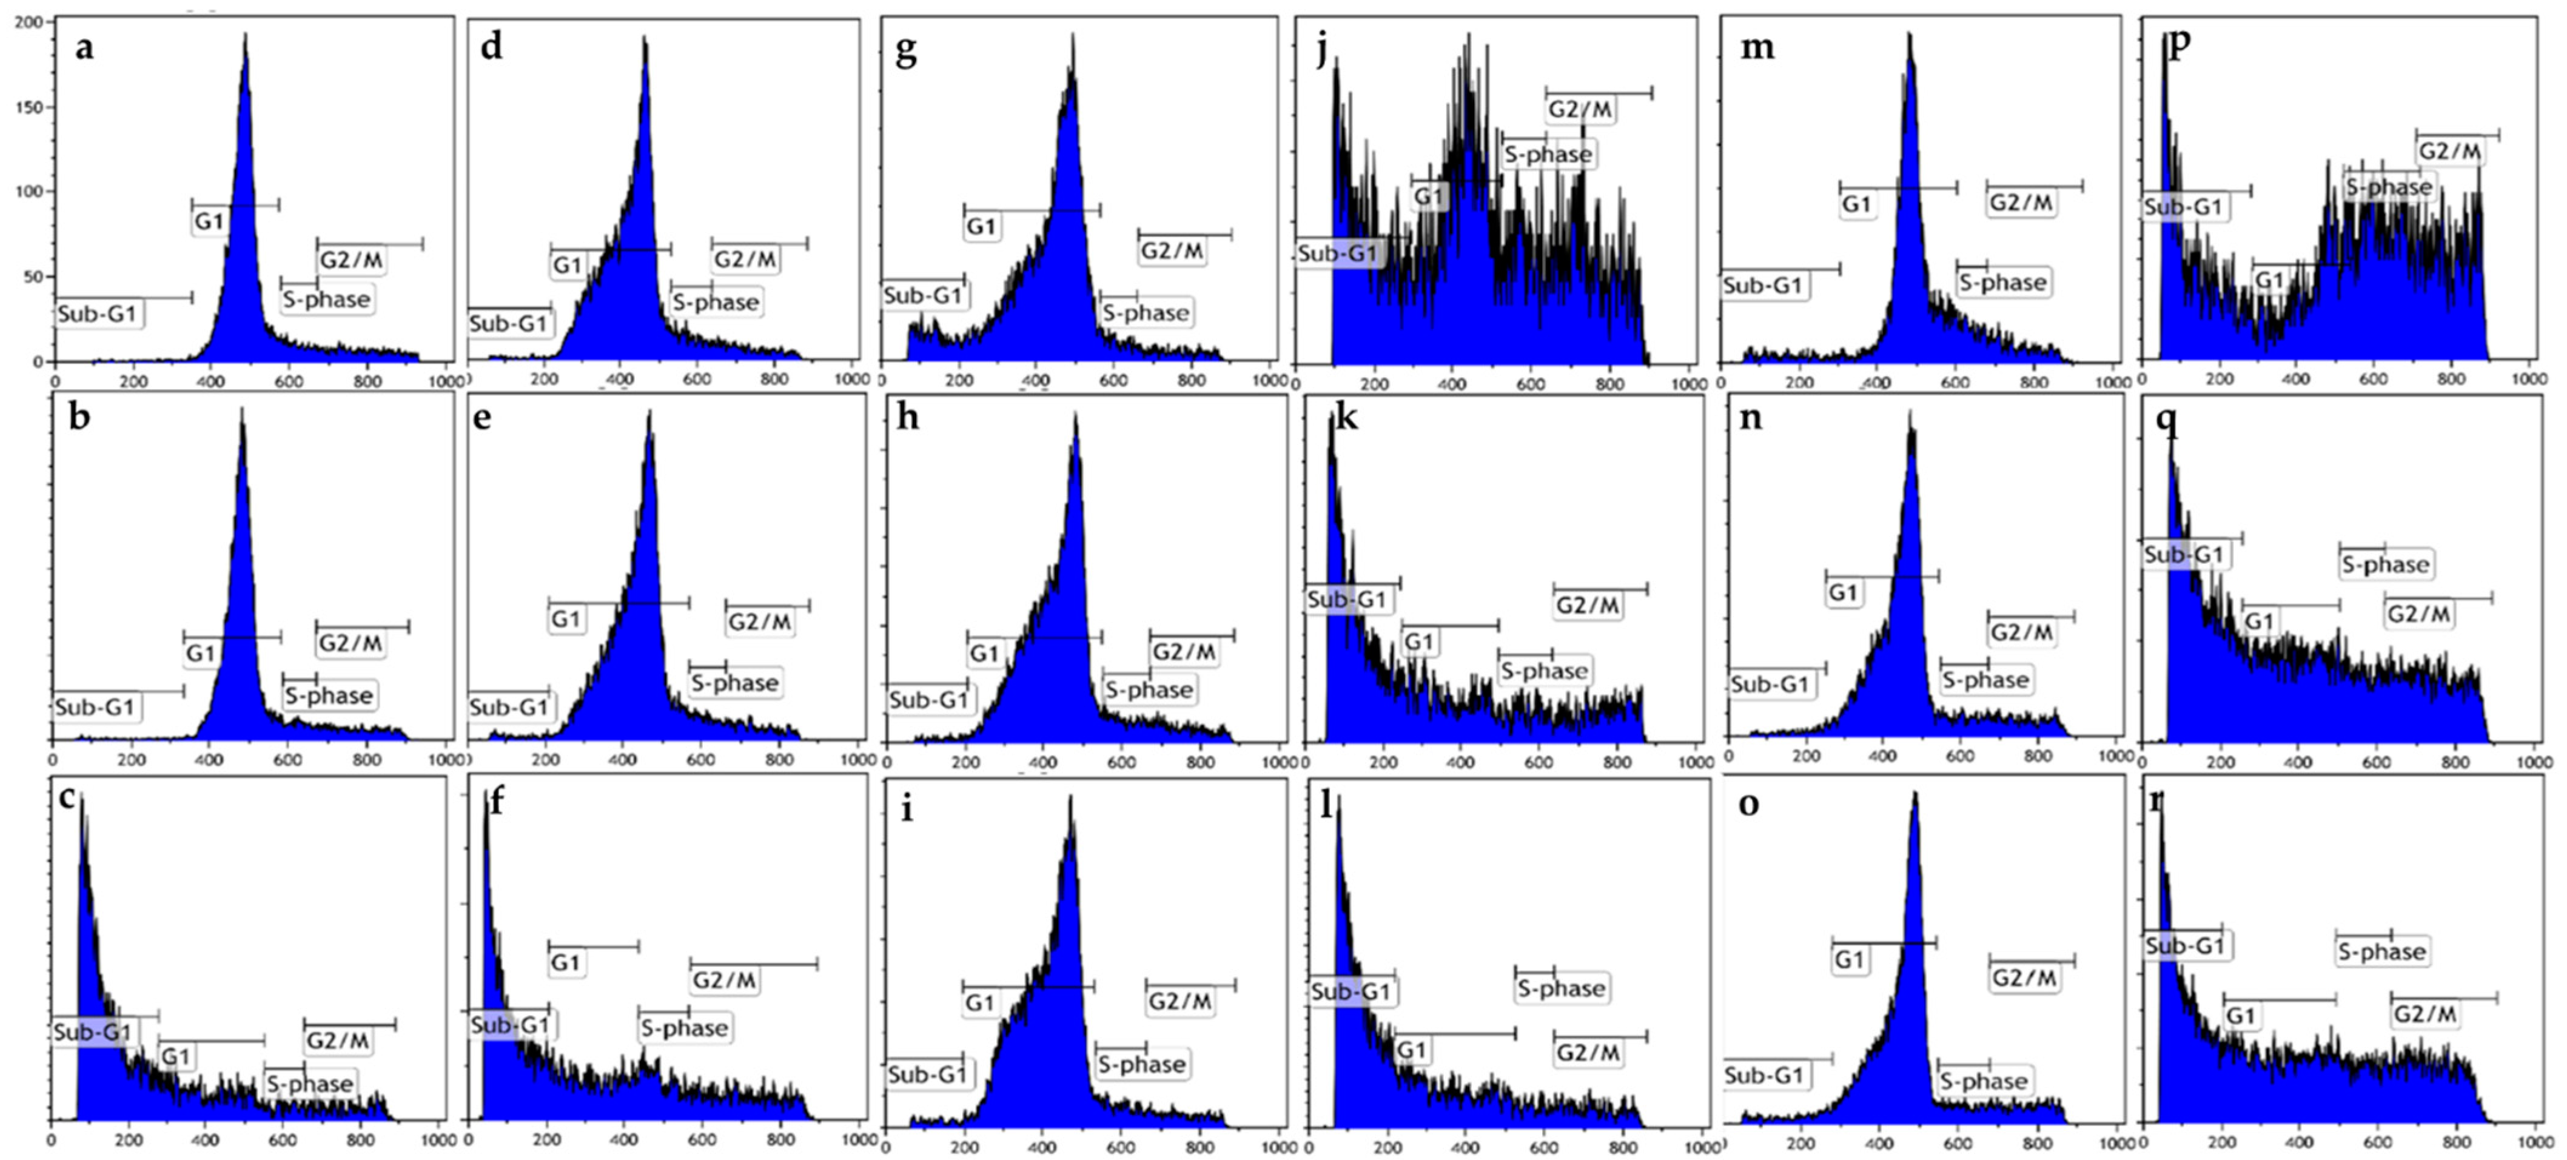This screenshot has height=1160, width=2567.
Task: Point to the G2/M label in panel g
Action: point(1172,251)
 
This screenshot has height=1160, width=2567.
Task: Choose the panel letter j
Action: point(1323,50)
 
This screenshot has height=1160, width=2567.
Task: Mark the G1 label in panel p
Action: point(2269,281)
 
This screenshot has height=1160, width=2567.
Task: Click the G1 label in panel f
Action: point(565,963)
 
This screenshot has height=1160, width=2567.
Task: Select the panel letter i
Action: point(906,809)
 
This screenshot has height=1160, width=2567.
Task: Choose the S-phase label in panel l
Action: point(1560,988)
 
